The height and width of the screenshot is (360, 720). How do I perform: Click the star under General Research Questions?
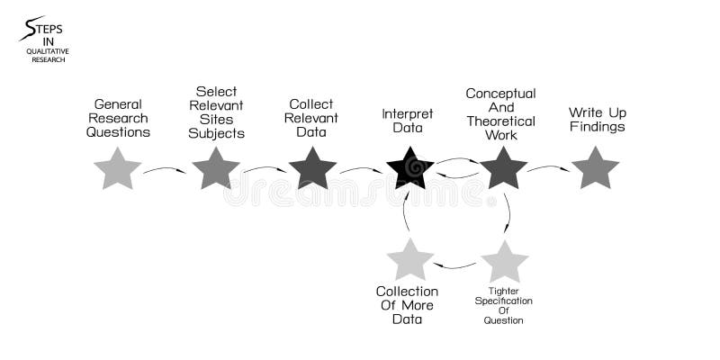[x=117, y=169]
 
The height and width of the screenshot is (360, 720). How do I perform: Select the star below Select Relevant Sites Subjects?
[x=215, y=169]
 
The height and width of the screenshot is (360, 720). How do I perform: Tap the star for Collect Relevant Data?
[x=312, y=169]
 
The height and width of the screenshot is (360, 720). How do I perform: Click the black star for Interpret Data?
[x=409, y=169]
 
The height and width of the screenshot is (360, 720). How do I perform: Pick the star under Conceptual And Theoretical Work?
[x=503, y=169]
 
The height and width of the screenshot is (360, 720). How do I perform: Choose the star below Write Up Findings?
[x=595, y=169]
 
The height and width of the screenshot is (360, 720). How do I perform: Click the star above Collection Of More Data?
[x=409, y=260]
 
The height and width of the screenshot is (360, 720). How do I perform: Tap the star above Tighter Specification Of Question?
[x=504, y=262]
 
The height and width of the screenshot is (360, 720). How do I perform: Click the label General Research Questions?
[x=118, y=118]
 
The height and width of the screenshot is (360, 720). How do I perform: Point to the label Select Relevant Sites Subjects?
[x=216, y=112]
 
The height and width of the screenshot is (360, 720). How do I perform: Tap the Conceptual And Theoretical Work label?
[x=500, y=114]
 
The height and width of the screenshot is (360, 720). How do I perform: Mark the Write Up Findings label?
[x=597, y=120]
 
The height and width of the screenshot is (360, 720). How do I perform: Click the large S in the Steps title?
[x=31, y=29]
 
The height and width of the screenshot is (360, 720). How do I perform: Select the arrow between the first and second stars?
[x=165, y=169]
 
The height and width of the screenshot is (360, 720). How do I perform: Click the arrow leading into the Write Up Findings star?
[x=548, y=167]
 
